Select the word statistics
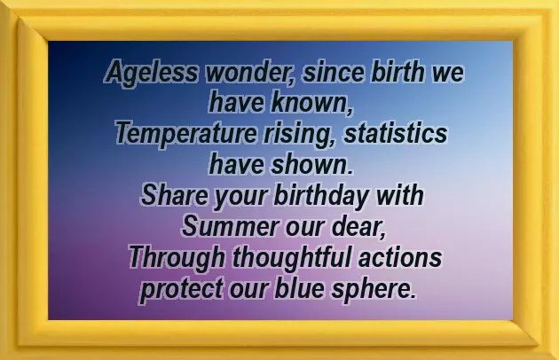[394, 135]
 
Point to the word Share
[173, 196]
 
